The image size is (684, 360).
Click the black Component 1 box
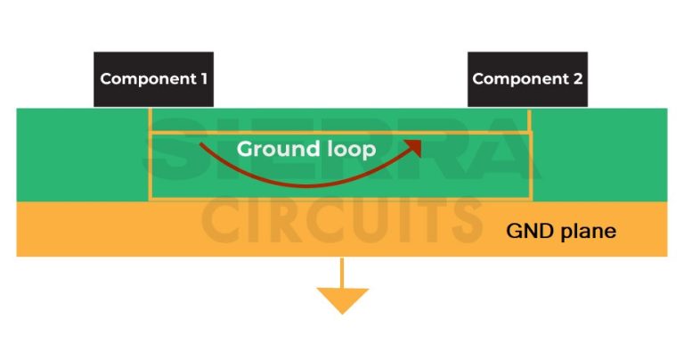[x=154, y=79]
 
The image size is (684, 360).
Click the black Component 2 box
[x=528, y=79]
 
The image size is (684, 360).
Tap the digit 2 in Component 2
[x=578, y=78]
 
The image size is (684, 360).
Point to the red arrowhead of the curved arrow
[x=412, y=144]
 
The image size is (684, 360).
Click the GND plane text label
[x=560, y=231]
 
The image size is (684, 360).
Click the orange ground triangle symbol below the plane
[x=342, y=300]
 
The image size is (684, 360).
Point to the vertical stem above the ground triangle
[x=342, y=272]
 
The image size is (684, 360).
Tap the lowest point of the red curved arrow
[x=303, y=184]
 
